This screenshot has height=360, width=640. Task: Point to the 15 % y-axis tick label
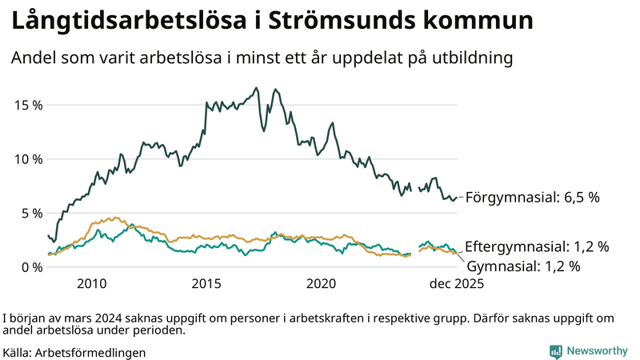(x=28, y=105)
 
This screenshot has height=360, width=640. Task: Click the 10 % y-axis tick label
(x=28, y=158)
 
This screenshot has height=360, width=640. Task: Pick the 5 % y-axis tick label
(x=31, y=213)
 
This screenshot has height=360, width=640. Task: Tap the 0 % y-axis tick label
(x=31, y=266)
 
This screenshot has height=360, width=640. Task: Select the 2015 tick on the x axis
(x=206, y=283)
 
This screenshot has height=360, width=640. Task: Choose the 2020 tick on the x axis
(x=322, y=283)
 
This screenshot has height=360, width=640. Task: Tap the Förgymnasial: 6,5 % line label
(x=532, y=197)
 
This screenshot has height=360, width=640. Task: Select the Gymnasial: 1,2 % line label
(x=523, y=266)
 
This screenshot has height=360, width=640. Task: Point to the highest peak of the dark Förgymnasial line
(x=256, y=88)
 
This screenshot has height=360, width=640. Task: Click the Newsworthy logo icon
(x=555, y=351)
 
